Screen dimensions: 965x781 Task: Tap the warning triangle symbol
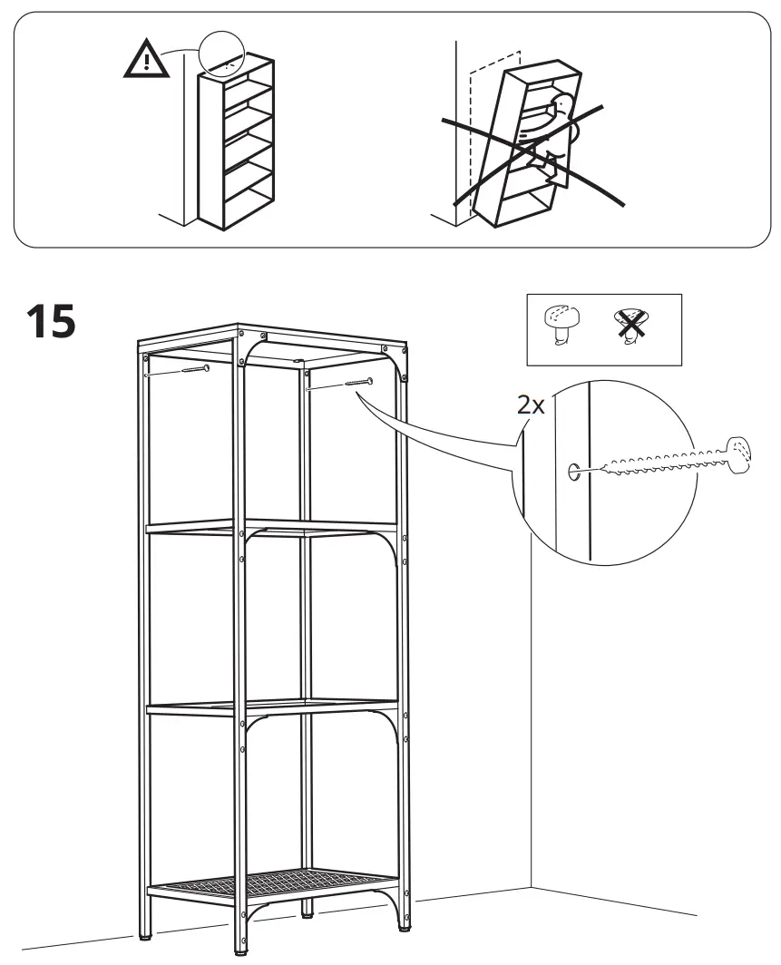pyautogui.click(x=144, y=61)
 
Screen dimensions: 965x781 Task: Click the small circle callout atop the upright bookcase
pyautogui.click(x=223, y=56)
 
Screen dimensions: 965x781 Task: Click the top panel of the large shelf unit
pyautogui.click(x=272, y=335)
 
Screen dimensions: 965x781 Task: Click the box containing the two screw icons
pyautogui.click(x=603, y=329)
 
